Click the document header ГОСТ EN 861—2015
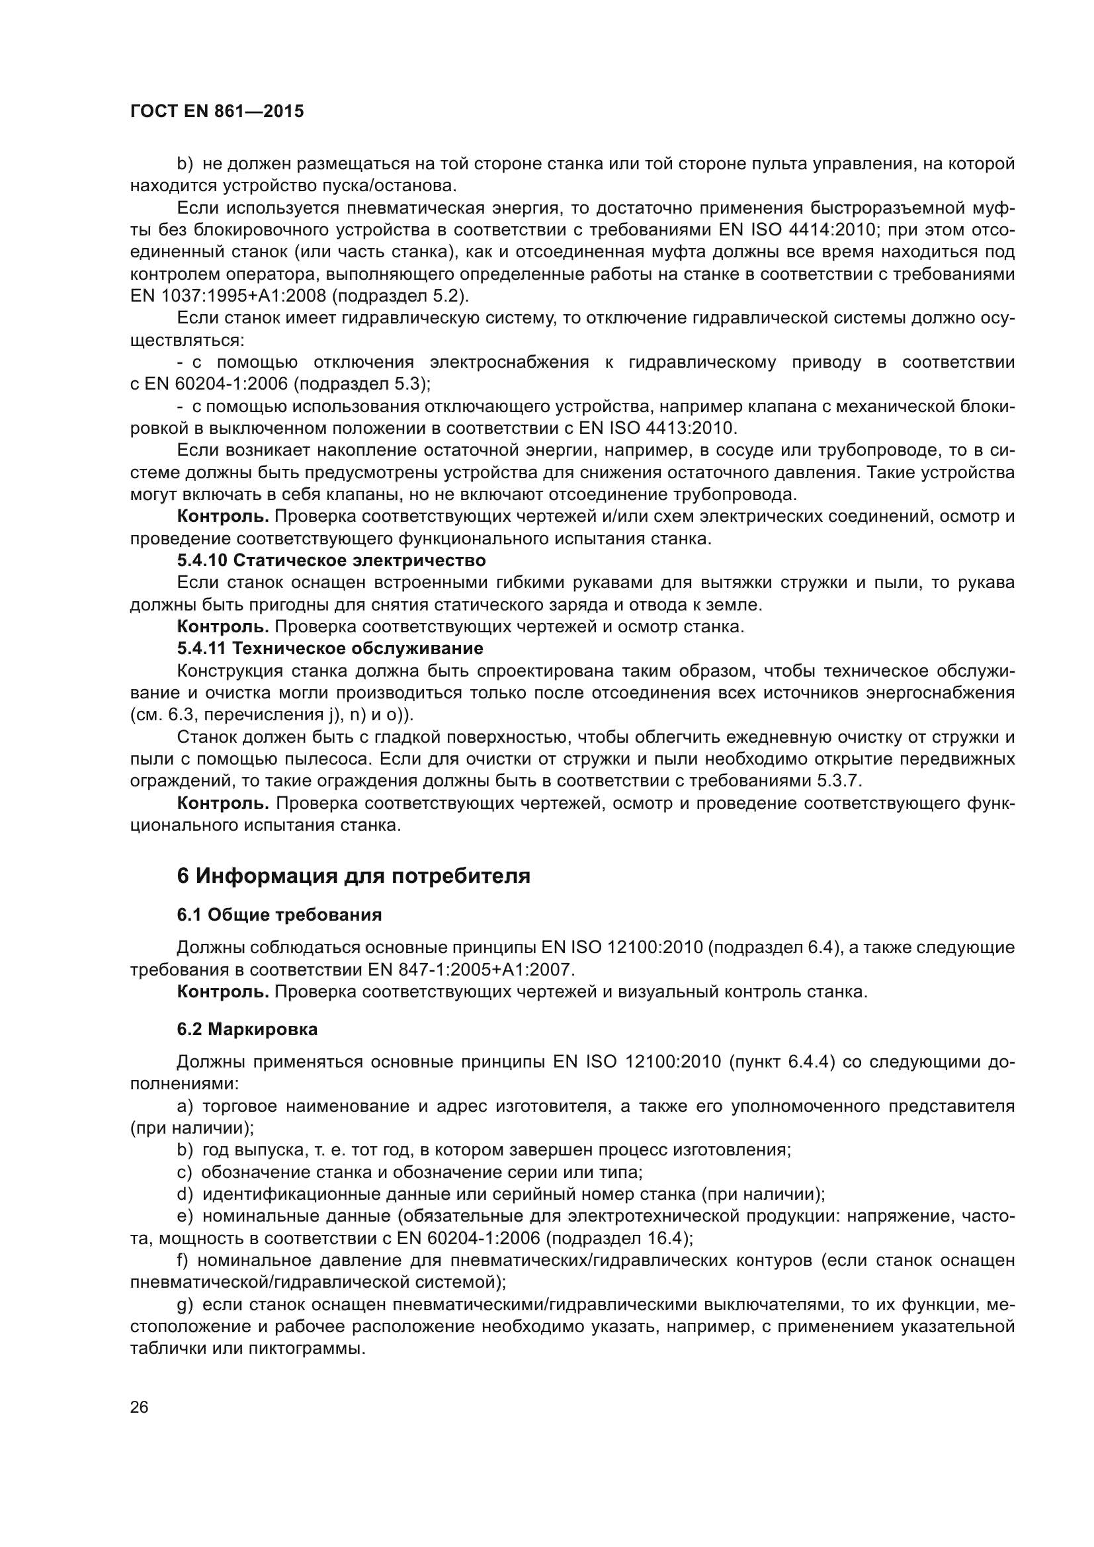[x=217, y=112]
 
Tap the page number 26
[x=139, y=1407]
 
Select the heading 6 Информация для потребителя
[x=354, y=876]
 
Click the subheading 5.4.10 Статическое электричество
[x=331, y=561]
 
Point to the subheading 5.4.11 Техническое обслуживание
[x=330, y=649]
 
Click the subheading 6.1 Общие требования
[x=279, y=915]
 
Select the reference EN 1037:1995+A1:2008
[x=228, y=296]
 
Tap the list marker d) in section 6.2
[x=185, y=1194]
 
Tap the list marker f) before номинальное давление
[x=183, y=1261]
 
